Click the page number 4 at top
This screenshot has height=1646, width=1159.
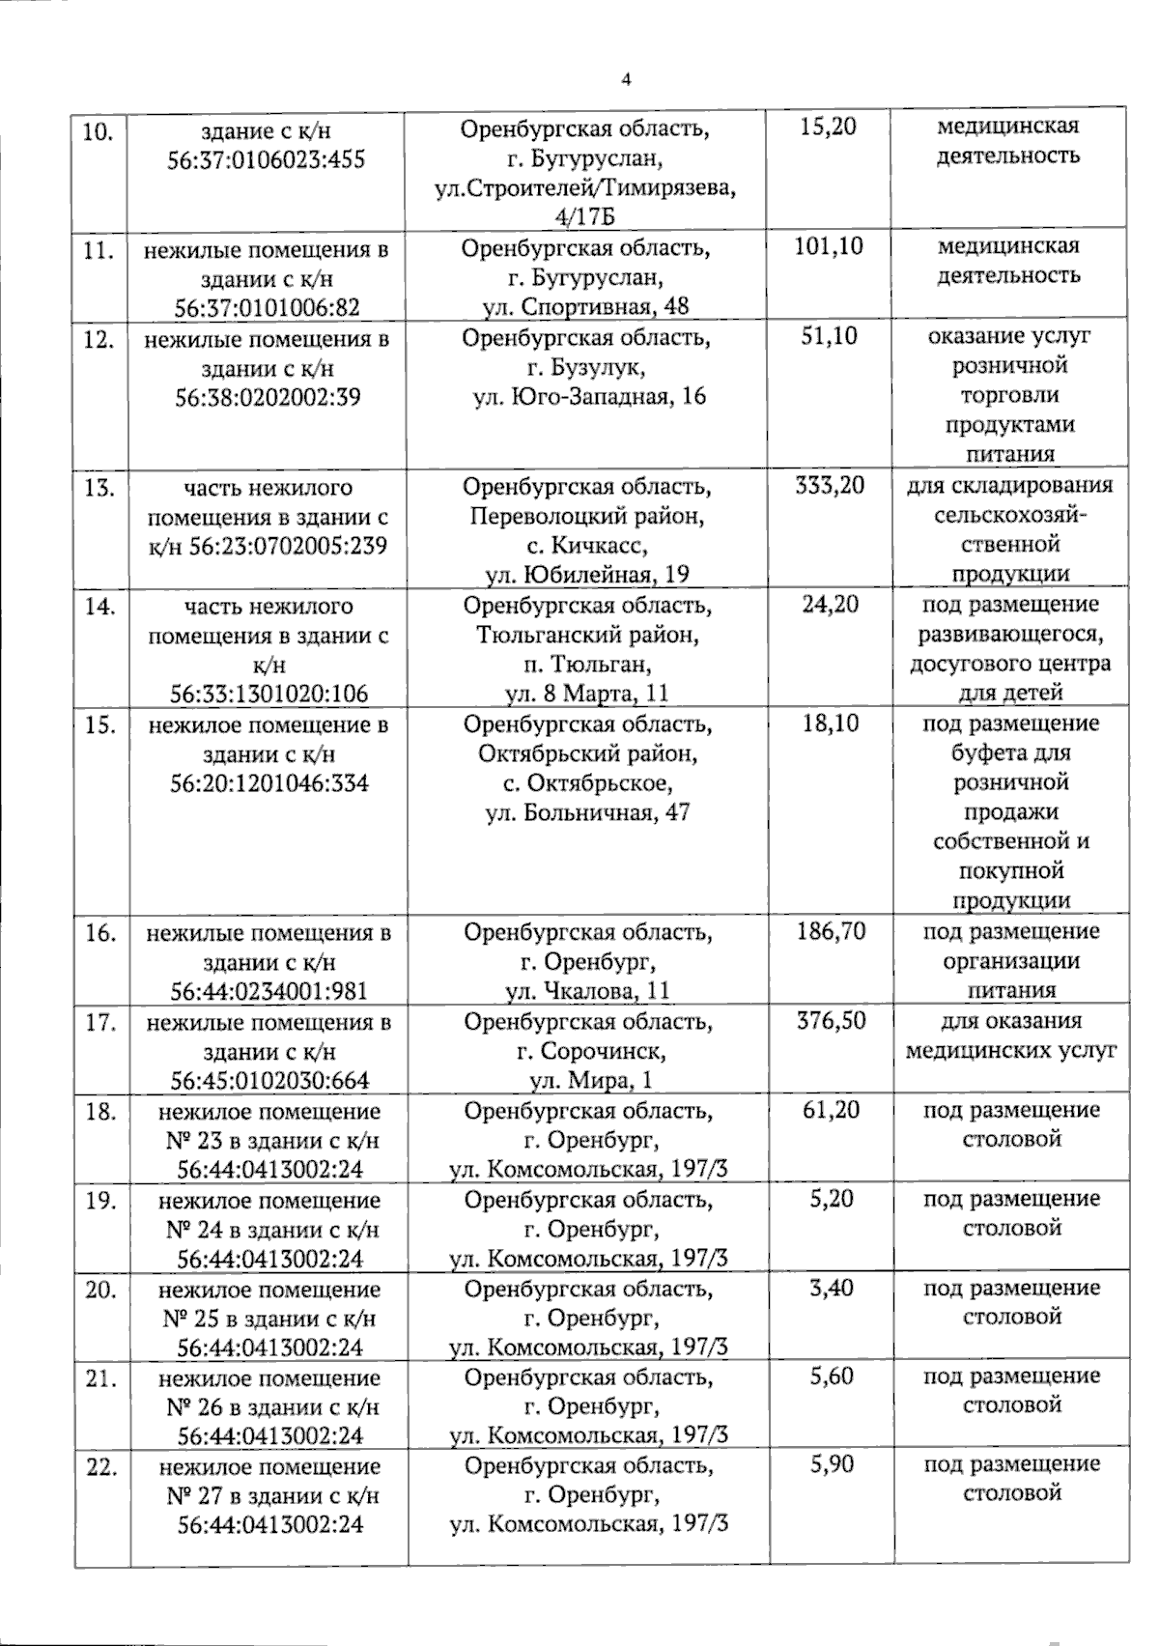coord(626,81)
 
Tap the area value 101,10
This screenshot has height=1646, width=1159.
coord(829,246)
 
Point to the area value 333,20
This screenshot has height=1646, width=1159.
coord(829,485)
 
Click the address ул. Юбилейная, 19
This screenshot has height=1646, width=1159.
coord(587,574)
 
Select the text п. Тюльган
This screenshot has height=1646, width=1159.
coord(587,665)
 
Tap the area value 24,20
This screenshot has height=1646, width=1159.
coord(829,605)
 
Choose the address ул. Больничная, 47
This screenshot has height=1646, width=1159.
coord(587,812)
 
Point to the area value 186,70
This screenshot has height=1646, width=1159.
coord(829,931)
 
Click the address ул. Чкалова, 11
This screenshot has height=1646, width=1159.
coord(587,991)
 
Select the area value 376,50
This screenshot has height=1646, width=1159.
coord(829,1021)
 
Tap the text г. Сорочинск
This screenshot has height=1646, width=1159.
coord(587,1051)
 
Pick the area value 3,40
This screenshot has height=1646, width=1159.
coord(829,1288)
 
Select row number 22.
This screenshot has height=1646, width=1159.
coord(100,1467)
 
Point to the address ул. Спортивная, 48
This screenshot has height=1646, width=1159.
coord(587,307)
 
